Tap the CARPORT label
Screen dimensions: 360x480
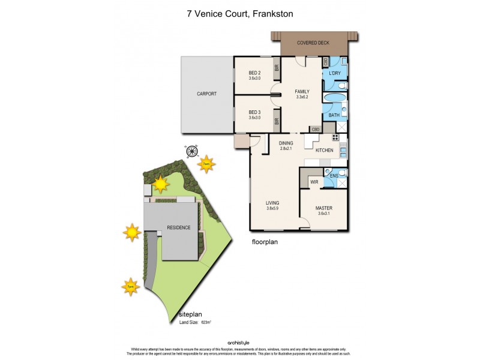[206, 94]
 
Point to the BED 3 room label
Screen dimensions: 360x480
[254, 112]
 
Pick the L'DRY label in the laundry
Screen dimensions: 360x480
[335, 73]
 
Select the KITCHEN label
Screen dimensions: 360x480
[325, 150]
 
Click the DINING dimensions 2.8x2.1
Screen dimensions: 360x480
[286, 148]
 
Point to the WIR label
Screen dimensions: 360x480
[313, 181]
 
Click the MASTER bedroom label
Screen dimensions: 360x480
[324, 208]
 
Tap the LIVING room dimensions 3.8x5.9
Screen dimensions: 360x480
[273, 208]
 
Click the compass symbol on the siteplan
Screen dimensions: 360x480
[191, 152]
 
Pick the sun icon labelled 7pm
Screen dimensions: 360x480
[130, 287]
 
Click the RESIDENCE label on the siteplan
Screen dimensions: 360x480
[179, 227]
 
